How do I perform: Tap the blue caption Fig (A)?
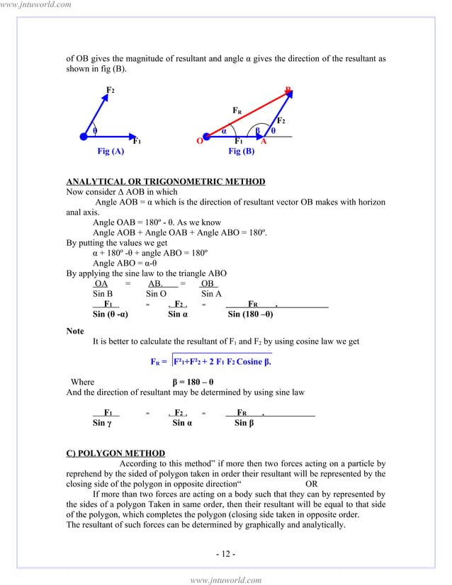tap(111, 152)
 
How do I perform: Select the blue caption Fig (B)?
tap(241, 152)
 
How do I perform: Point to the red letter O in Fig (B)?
tap(200, 141)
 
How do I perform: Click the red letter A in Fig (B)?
tap(264, 141)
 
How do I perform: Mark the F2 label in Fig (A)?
tap(111, 90)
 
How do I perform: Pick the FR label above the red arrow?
tap(237, 110)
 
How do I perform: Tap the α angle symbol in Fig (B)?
tap(224, 130)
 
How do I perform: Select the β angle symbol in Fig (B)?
tap(259, 130)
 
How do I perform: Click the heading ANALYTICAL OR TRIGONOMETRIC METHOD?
tap(165, 182)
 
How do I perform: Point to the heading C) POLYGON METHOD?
tap(115, 453)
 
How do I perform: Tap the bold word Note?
tap(75, 331)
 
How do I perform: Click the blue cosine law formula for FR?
tap(212, 361)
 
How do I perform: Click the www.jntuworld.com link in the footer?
tap(226, 580)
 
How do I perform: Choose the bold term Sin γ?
tap(102, 424)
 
